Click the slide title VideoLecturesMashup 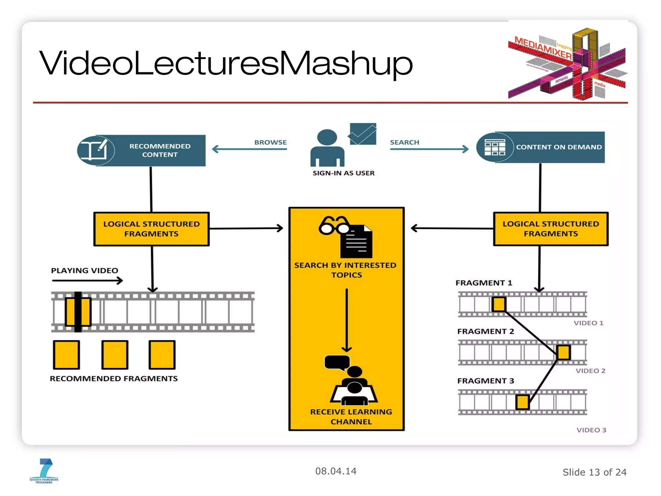226,63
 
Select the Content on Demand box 541,147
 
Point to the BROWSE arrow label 270,142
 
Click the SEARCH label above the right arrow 404,142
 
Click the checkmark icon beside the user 363,134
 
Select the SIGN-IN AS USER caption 343,173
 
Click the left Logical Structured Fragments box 151,229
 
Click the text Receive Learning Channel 351,417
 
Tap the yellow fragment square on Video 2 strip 564,352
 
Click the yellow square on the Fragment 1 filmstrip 499,305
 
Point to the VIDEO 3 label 591,430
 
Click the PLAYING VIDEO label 85,271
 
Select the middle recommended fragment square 115,355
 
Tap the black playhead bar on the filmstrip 78,312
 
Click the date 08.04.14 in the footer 336,471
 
